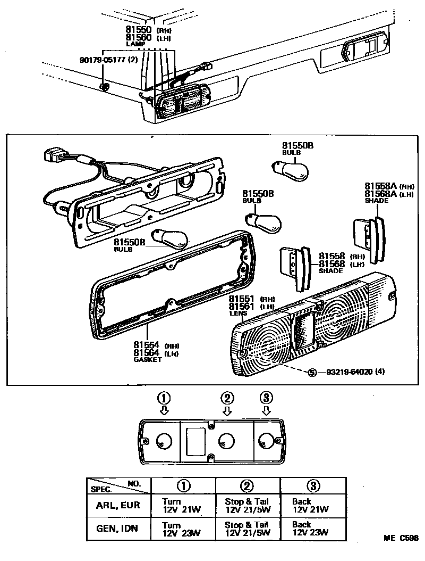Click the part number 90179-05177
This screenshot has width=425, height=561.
coord(104,60)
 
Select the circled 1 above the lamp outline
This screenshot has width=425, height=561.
coord(164,398)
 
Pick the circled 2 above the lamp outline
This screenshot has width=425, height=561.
coord(227,398)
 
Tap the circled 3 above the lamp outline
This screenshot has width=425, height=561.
coord(267,398)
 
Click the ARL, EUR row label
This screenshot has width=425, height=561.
coord(118,505)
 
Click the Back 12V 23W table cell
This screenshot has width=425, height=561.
coord(310,528)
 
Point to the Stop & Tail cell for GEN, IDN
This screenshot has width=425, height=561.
coord(247,528)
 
